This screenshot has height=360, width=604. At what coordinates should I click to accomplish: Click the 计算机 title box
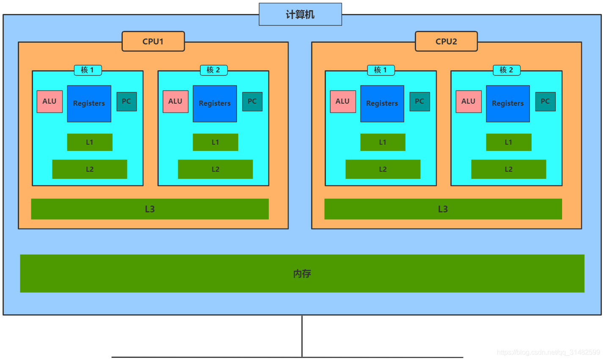coord(300,14)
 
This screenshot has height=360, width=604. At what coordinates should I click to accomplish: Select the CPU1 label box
coord(153,41)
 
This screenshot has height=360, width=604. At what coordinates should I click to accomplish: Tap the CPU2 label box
coord(446,41)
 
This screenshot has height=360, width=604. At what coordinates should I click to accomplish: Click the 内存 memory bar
coord(302,273)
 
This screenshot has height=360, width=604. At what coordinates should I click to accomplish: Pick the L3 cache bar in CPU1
coord(150,209)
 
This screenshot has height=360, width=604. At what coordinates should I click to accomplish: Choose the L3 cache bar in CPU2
coord(443,209)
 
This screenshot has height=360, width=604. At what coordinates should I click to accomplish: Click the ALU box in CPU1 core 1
coord(50,102)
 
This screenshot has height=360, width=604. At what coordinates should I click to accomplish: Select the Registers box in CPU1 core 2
coord(215,104)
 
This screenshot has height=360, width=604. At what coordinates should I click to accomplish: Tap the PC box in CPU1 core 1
coord(127,102)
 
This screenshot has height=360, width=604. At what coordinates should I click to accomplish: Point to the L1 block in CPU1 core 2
coord(215,142)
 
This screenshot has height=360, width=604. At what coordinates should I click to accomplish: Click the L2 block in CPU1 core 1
coord(90,169)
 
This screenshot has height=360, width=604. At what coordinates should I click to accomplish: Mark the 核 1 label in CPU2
coord(381,70)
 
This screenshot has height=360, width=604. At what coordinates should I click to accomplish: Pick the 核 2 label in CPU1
coord(213,70)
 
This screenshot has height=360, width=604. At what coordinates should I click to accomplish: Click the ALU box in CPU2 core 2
coord(469,102)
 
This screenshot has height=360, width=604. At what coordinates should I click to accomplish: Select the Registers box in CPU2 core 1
coord(382,104)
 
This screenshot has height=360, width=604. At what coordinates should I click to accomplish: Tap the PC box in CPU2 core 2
coord(545,102)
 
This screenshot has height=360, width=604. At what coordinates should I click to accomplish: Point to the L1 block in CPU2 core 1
coord(383,142)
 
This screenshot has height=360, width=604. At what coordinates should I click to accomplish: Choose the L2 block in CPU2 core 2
coord(508,169)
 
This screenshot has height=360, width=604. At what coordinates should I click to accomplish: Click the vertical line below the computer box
coord(302,336)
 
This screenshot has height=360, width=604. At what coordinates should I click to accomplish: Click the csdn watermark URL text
coord(548,352)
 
